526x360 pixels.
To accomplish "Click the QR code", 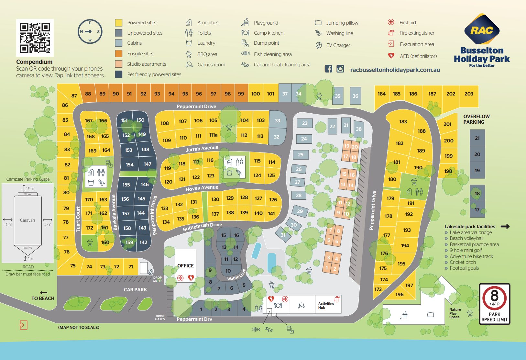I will [x=35, y=38].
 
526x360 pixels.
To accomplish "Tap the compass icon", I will [x=90, y=32].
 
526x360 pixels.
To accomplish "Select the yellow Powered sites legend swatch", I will [x=119, y=23].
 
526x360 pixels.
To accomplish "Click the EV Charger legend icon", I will [x=319, y=45].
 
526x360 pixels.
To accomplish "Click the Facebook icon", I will [x=328, y=69].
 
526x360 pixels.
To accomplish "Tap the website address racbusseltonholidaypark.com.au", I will [x=395, y=70].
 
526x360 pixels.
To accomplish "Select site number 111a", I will [x=213, y=135].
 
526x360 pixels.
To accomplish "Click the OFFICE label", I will [x=185, y=266].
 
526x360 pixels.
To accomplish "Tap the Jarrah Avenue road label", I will [x=202, y=149].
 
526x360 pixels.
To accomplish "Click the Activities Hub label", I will [x=326, y=306].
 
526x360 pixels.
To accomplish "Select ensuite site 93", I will [x=157, y=94].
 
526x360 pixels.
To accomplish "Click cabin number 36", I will [x=355, y=96].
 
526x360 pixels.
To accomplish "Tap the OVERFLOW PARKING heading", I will [x=476, y=119].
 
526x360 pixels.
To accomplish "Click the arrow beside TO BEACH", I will [x=44, y=293].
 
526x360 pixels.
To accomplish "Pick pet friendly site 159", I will [x=129, y=242].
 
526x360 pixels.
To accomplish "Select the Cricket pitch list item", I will [x=463, y=262].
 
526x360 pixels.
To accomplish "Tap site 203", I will [x=469, y=94].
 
